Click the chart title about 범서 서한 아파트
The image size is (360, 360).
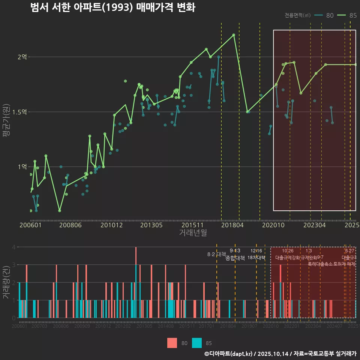(112, 8)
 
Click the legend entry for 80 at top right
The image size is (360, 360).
(325, 15)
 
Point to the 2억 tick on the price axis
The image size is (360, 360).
(22, 57)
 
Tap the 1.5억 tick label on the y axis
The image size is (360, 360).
(20, 112)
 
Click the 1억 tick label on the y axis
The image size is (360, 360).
(22, 166)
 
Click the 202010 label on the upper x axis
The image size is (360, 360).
(273, 225)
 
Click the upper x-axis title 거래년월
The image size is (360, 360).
(193, 233)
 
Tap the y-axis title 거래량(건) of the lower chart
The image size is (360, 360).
(6, 282)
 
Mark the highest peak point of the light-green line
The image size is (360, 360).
(234, 35)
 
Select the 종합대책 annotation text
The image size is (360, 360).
(235, 258)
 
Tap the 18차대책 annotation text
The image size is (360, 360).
(256, 258)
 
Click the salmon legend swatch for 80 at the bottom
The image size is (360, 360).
(172, 343)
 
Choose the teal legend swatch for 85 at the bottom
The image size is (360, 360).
(197, 343)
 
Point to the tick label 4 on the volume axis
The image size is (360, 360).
(13, 247)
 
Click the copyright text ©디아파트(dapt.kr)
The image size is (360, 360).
(229, 354)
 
